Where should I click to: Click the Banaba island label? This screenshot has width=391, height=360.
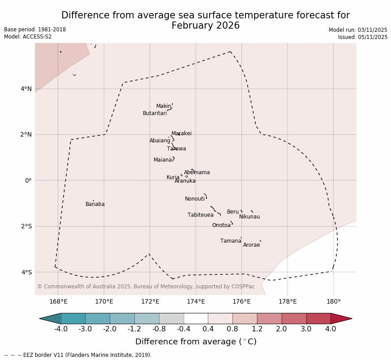[x=95, y=204]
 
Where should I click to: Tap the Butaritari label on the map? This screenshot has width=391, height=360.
[x=155, y=113]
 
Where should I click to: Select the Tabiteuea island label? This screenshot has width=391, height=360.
[x=200, y=215]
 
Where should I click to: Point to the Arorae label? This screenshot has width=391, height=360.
[x=251, y=245]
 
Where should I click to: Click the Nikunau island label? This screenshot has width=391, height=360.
[x=249, y=217]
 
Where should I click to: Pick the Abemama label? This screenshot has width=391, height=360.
[x=197, y=172]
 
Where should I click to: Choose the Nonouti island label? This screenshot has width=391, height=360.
[x=194, y=199]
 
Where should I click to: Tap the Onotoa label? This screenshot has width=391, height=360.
[x=221, y=225]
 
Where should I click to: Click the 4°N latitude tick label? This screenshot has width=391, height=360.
[x=26, y=89]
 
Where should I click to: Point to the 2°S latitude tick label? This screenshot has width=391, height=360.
[x=26, y=226]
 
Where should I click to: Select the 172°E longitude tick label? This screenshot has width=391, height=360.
[x=150, y=301]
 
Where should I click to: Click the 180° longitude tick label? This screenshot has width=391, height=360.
[x=333, y=301]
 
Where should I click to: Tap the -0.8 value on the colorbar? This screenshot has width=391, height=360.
[x=159, y=329]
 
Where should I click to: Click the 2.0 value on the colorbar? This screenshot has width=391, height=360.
[x=281, y=329]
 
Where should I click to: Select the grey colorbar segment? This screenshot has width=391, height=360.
[x=171, y=318]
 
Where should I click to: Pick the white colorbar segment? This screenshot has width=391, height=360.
[x=196, y=318]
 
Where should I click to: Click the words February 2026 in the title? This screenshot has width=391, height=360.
[x=205, y=26]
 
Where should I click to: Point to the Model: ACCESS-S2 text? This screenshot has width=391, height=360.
[x=28, y=37]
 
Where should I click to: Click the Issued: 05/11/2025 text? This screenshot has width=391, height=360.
[x=362, y=37]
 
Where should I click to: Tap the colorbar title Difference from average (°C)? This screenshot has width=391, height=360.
[x=195, y=342]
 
